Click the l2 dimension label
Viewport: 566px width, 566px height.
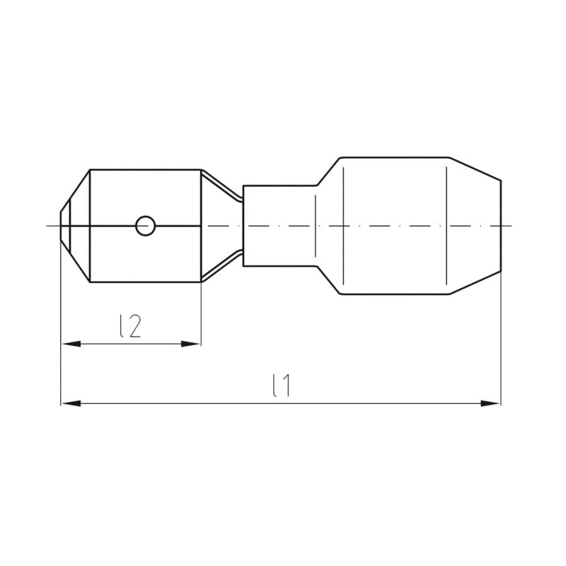pos(130,326)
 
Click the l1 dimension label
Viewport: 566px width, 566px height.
pos(282,386)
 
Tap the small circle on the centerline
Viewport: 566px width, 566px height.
pos(146,226)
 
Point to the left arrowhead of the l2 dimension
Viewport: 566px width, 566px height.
pos(71,344)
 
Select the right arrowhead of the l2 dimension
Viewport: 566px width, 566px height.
pos(190,344)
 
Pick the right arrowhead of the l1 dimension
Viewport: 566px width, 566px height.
pos(490,403)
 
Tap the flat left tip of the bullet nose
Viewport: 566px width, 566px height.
pos(61,226)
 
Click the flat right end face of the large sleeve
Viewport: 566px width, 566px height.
pos(501,226)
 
